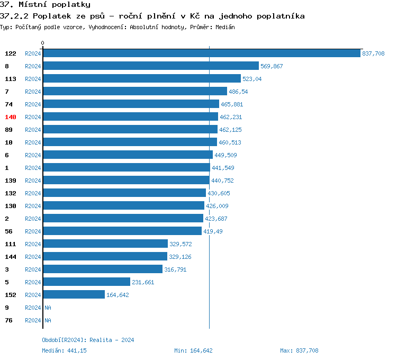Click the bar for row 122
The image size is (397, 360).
pos(201,53)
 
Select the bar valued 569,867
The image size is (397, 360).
pos(150,66)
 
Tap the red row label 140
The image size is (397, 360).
pos(11,117)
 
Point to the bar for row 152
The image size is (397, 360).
pos(74,295)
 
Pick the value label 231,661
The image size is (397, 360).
pos(143,282)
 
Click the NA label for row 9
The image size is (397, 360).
pos(48,308)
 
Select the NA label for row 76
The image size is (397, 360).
pos(48,320)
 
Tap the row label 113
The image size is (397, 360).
pos(11,79)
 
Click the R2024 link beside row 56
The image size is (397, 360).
pos(33,231)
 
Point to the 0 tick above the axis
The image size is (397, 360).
pos(43,43)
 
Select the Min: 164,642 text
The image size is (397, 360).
pos(193,350)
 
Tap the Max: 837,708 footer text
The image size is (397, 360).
pos(299,350)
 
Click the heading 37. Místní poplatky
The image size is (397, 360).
pos(45,5)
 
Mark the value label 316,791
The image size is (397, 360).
pos(175,269)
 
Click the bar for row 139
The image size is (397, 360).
pos(127,181)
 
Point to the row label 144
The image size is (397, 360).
pos(11,257)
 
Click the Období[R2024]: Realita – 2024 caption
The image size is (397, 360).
pos(88,340)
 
